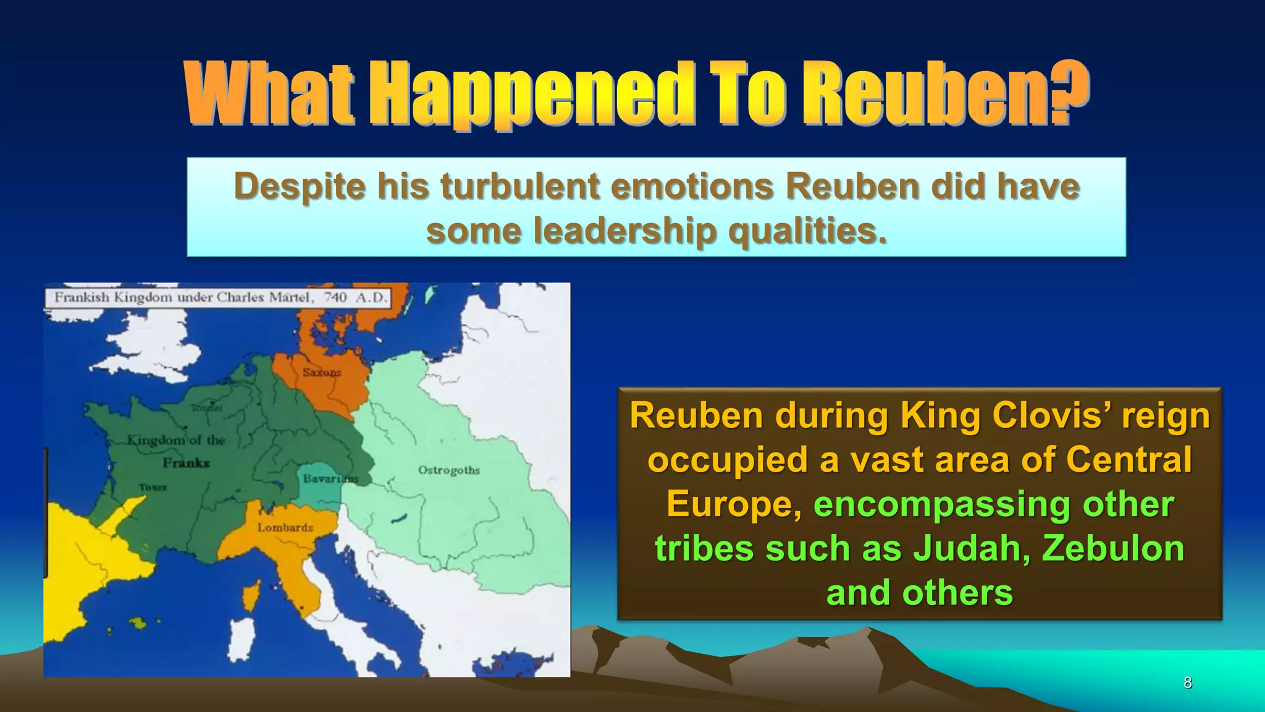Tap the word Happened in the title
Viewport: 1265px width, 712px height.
click(531, 94)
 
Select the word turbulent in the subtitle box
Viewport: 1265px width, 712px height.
click(520, 186)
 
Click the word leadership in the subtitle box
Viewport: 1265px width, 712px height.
click(624, 231)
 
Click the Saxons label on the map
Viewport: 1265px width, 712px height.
click(322, 372)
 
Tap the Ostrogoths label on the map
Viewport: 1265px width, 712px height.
click(449, 470)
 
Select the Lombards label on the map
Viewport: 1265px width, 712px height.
click(285, 527)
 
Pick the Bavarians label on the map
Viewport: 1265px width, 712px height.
click(330, 479)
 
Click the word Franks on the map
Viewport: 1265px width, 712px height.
click(187, 463)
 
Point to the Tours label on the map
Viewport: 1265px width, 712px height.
click(153, 487)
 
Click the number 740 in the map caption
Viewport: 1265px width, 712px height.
click(335, 297)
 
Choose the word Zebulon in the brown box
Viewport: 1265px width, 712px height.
click(1113, 548)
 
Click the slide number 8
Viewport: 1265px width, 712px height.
click(1187, 682)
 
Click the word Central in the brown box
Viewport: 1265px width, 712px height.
click(1128, 459)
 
